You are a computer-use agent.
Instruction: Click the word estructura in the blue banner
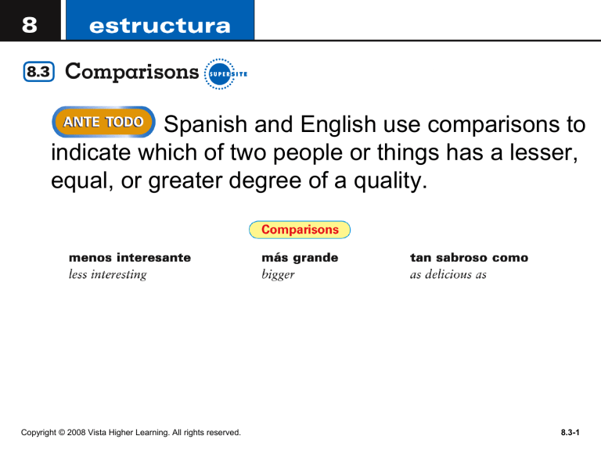tap(160, 26)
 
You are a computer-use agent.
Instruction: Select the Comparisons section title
tap(131, 73)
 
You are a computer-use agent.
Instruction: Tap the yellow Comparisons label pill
tap(300, 230)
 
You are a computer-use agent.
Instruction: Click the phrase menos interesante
tap(130, 256)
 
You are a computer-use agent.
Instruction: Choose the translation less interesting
tap(108, 274)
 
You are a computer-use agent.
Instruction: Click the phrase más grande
tap(300, 256)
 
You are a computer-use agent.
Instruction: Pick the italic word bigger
tap(279, 275)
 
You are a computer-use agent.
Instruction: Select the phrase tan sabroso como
tap(469, 256)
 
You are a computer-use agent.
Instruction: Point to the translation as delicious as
tap(448, 274)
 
